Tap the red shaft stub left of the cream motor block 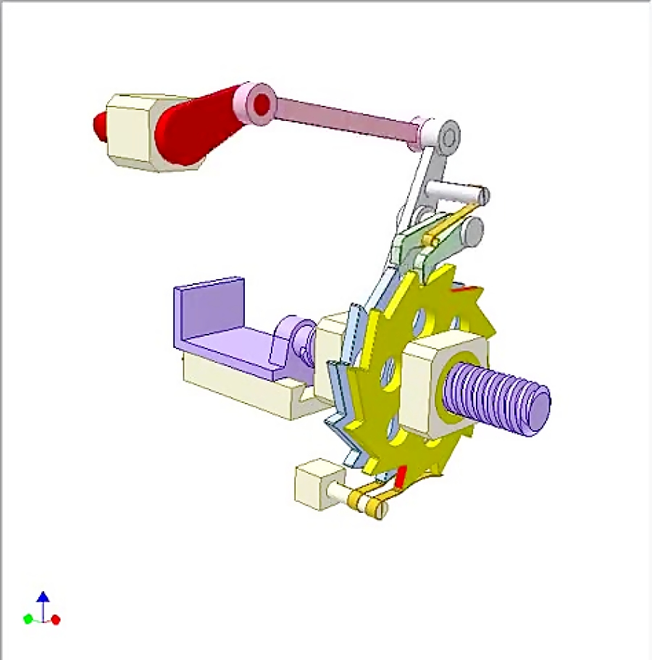pyautogui.click(x=99, y=126)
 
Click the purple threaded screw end pyautogui.click(x=500, y=398)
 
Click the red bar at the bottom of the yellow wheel pyautogui.click(x=401, y=477)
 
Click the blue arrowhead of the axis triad pyautogui.click(x=43, y=597)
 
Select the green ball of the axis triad pyautogui.click(x=28, y=619)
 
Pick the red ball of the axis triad pyautogui.click(x=56, y=619)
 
